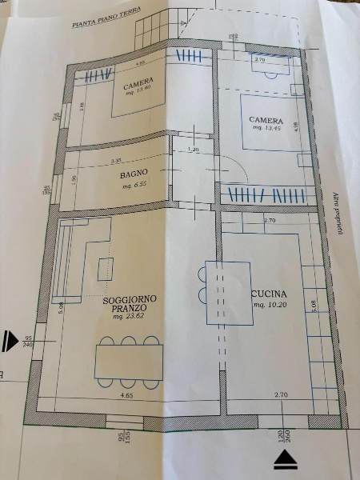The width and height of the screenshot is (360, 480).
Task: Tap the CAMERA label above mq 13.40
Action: tap(138, 86)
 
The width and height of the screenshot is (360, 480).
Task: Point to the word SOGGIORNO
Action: tap(130, 298)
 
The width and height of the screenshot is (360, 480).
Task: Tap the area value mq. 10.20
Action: tap(270, 305)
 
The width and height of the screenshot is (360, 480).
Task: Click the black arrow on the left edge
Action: tap(10, 341)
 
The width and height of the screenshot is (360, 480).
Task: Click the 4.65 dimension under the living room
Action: tap(126, 395)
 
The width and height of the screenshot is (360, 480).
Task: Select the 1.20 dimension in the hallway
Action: tap(193, 150)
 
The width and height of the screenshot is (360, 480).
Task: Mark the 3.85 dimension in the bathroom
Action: tap(115, 159)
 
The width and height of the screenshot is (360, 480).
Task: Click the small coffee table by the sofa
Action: tap(106, 269)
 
